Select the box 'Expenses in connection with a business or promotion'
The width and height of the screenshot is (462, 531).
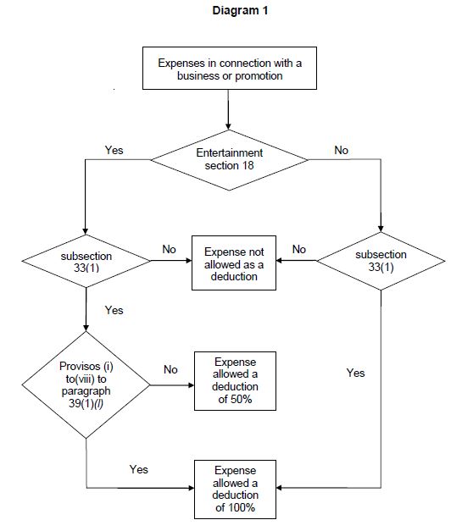[229, 69]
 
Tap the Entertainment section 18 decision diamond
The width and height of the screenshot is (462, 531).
[229, 158]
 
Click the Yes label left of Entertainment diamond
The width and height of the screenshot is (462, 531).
[114, 150]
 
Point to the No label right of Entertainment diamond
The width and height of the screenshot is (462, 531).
[341, 150]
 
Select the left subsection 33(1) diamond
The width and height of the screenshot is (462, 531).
[86, 261]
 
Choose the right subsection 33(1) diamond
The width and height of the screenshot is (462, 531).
[381, 261]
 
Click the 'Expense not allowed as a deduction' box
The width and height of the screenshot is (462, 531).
[234, 264]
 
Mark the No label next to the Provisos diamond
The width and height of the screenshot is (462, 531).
[170, 369]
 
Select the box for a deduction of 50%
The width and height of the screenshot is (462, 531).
[234, 381]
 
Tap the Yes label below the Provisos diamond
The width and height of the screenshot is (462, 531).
[138, 468]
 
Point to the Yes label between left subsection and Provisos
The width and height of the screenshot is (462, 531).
[114, 310]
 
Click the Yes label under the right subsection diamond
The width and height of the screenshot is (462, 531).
[356, 372]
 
